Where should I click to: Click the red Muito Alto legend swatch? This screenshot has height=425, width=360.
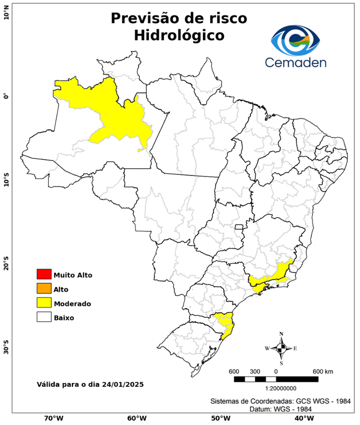pyautogui.click(x=44, y=274)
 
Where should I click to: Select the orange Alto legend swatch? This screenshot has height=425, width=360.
pyautogui.click(x=44, y=289)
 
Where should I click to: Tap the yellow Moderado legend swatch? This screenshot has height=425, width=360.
pyautogui.click(x=44, y=303)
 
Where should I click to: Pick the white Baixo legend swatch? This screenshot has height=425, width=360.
pyautogui.click(x=44, y=318)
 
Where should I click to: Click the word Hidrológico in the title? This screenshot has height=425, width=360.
pyautogui.click(x=179, y=35)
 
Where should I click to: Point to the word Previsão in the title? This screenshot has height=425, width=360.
pyautogui.click(x=145, y=18)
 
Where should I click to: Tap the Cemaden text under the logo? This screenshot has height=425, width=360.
pyautogui.click(x=296, y=62)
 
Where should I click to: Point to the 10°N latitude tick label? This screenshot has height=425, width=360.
pyautogui.click(x=6, y=12)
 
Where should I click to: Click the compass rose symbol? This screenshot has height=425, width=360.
pyautogui.click(x=281, y=348)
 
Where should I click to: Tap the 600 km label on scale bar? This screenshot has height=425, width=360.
pyautogui.click(x=322, y=371)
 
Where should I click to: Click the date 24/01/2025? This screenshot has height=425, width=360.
pyautogui.click(x=123, y=383)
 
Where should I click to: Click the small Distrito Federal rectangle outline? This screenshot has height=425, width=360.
pyautogui.click(x=239, y=226)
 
